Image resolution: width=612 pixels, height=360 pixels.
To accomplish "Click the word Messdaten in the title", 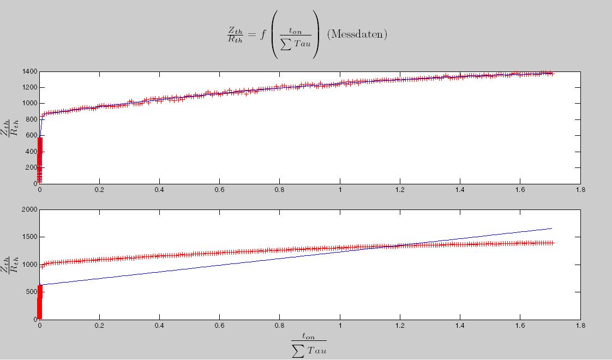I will click(x=357, y=34).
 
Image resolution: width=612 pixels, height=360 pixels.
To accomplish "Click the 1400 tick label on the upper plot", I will click(x=29, y=71).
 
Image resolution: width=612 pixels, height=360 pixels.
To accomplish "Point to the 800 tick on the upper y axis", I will click(x=31, y=119).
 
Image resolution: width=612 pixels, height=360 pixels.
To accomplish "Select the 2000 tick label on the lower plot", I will click(x=29, y=209).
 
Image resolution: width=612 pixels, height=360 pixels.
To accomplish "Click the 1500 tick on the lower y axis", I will click(x=29, y=237).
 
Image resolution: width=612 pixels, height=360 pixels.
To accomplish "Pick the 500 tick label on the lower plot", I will click(x=31, y=292).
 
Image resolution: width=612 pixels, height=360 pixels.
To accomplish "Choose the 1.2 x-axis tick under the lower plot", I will click(x=400, y=326).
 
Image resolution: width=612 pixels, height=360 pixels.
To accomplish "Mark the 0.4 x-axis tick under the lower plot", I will click(x=159, y=326).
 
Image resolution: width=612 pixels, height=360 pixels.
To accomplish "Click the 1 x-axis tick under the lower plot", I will click(x=340, y=326).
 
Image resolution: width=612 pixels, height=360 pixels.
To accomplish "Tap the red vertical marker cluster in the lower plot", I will click(x=39, y=302).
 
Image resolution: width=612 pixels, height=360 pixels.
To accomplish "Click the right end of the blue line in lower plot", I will click(x=552, y=229).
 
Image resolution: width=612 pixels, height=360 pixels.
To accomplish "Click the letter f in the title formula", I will click(x=262, y=34).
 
